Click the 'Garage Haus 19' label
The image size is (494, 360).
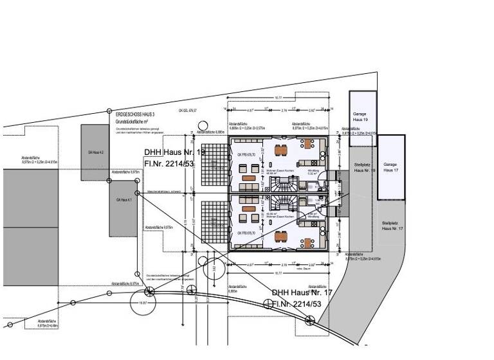tap(360, 117)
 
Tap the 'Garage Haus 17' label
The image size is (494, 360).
tap(390, 167)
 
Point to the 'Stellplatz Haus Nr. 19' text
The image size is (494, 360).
tap(364, 168)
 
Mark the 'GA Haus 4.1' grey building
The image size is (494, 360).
tap(123, 201)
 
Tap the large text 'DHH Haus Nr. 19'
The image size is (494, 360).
tap(175, 152)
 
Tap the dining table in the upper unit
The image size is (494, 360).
tap(282, 151)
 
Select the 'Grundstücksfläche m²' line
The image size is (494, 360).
tap(132, 120)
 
